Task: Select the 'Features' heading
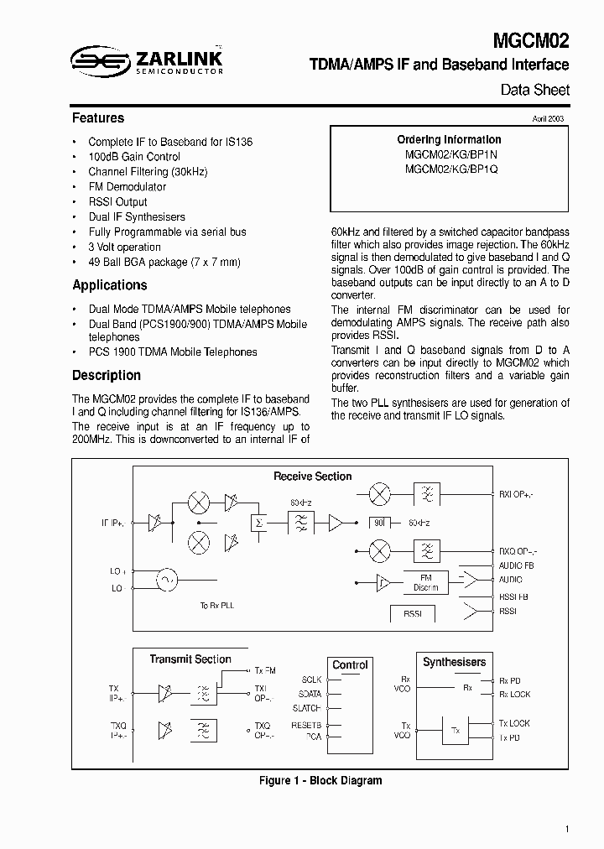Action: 98,118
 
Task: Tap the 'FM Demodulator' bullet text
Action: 127,187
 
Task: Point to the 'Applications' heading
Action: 109,285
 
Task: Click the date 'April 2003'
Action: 548,119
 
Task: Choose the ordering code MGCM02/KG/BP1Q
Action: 450,169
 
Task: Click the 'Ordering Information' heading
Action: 450,140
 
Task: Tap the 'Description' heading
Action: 106,376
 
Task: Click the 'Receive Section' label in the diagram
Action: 312,477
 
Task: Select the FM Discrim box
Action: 426,582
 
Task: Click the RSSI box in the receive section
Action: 413,613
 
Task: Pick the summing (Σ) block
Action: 258,523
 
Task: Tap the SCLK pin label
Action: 310,680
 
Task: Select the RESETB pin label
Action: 307,723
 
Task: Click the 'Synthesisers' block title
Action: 454,663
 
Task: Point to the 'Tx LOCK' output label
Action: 514,723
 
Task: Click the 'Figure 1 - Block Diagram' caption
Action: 320,781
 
